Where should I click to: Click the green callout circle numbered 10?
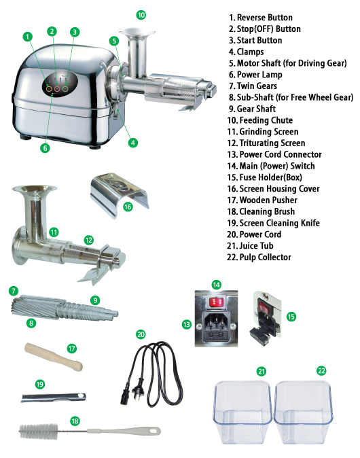pyautogui.click(x=141, y=15)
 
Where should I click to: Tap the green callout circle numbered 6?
pyautogui.click(x=45, y=148)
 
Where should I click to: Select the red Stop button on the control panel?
pyautogui.click(x=57, y=88)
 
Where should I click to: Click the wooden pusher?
pyautogui.click(x=54, y=357)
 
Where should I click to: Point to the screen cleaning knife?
pyautogui.click(x=54, y=398)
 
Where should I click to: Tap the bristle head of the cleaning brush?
pyautogui.click(x=39, y=431)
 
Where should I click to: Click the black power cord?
pyautogui.click(x=152, y=374)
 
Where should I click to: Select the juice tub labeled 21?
pyautogui.click(x=243, y=412)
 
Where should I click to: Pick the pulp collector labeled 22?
pyautogui.click(x=304, y=412)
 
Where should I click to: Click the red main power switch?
pyautogui.click(x=216, y=302)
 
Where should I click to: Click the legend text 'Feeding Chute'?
pyautogui.click(x=266, y=120)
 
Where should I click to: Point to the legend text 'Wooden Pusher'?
pyautogui.click(x=268, y=200)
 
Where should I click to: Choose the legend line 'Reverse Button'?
pyautogui.click(x=261, y=18)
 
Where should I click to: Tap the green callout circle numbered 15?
pyautogui.click(x=291, y=317)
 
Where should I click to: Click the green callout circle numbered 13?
pyautogui.click(x=186, y=324)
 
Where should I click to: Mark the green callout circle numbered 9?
pyautogui.click(x=95, y=300)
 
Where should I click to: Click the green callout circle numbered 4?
pyautogui.click(x=133, y=143)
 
